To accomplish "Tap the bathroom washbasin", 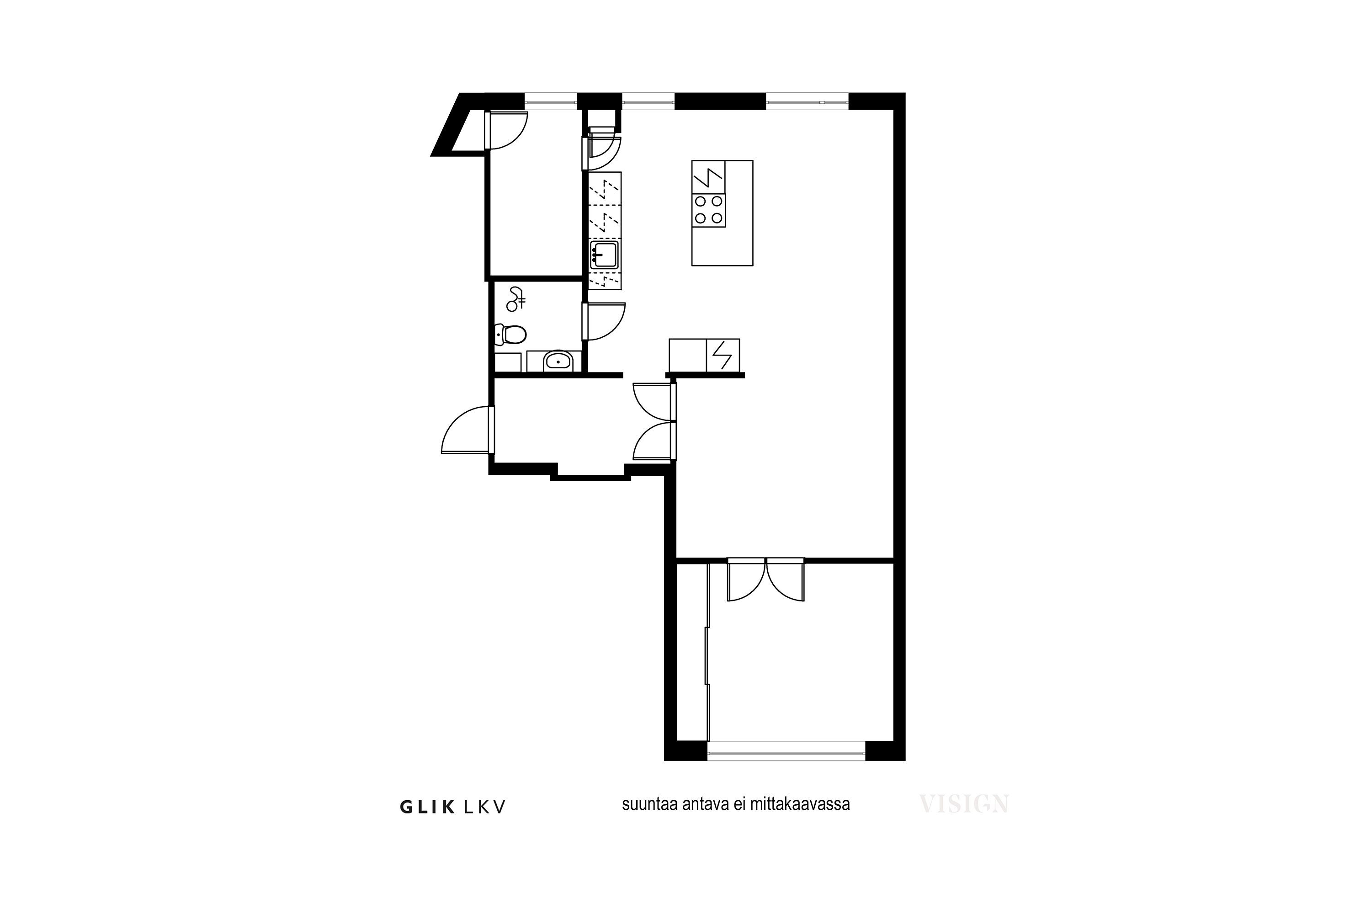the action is point(558,361).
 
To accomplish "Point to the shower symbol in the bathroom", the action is point(515,298).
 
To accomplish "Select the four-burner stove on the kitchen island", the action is point(708,210).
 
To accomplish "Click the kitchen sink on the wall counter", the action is point(604,255).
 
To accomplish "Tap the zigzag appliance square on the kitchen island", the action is point(708,177).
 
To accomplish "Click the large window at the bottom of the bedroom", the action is point(786,751).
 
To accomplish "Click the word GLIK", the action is point(427,807).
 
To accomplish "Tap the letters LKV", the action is point(485,807).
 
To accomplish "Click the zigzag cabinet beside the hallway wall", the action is point(723,355).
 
